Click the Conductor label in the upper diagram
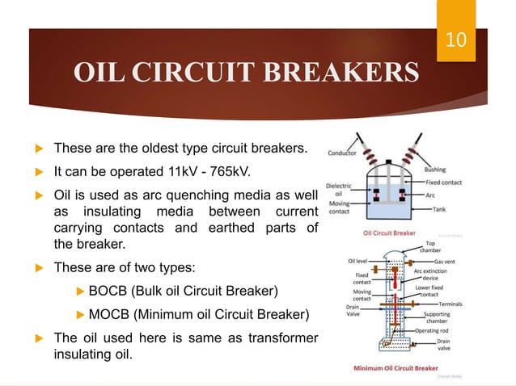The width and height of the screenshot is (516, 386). [345, 153]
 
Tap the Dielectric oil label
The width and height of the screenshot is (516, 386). [337, 191]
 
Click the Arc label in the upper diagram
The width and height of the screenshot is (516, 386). [432, 195]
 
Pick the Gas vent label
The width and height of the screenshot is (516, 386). [449, 262]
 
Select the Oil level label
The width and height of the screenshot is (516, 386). [359, 261]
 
